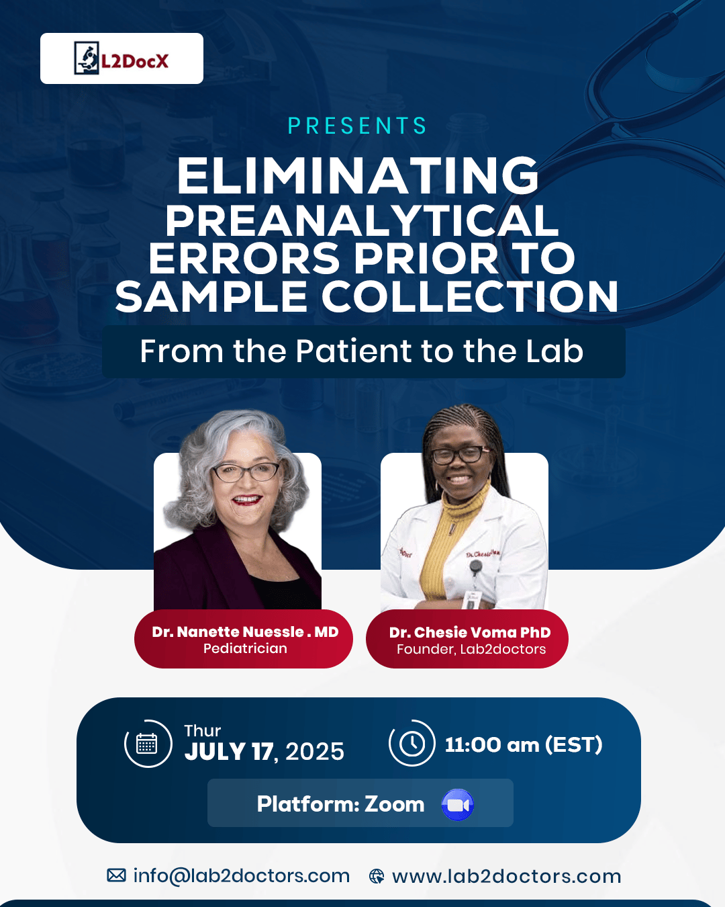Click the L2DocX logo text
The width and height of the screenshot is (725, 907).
coord(135,62)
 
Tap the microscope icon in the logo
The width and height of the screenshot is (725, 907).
coord(87,58)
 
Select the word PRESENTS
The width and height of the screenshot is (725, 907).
coord(357,126)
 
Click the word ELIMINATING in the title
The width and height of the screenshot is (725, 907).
coord(358,176)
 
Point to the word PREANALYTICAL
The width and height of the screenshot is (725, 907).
coord(361,221)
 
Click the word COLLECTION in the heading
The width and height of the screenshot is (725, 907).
coord(470,297)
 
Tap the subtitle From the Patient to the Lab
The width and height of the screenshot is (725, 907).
coord(361,351)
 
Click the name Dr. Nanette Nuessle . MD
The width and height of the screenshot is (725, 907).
coord(245,632)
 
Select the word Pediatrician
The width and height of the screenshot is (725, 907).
coord(245,648)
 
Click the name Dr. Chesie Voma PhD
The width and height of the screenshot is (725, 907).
coord(470,632)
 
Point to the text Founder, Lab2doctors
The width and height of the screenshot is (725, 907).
coord(471,649)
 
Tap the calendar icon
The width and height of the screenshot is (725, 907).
coord(146,744)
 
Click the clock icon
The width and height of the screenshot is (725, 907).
coord(412,743)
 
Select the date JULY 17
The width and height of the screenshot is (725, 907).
coord(229,752)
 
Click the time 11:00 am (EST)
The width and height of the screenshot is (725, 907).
coord(524,744)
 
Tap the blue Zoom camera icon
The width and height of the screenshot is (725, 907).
coord(458,805)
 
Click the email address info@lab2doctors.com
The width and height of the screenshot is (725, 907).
coord(242,876)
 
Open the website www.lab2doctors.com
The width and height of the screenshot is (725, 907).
coord(507,877)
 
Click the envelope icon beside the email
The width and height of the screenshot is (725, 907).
coord(116,875)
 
